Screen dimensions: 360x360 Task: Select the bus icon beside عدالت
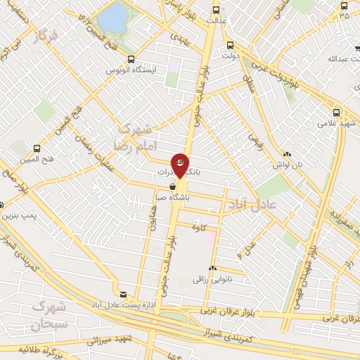[215, 10]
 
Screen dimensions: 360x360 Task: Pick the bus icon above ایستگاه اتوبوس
[130, 60]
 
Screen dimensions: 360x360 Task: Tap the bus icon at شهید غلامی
[336, 112]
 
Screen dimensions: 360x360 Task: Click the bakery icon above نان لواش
[287, 154]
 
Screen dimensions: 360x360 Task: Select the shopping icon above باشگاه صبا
[173, 186]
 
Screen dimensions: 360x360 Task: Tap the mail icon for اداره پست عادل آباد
[124, 294]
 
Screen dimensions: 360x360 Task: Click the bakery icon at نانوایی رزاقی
[212, 269]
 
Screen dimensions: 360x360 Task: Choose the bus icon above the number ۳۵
[343, 4]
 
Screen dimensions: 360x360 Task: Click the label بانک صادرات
[170, 172]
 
